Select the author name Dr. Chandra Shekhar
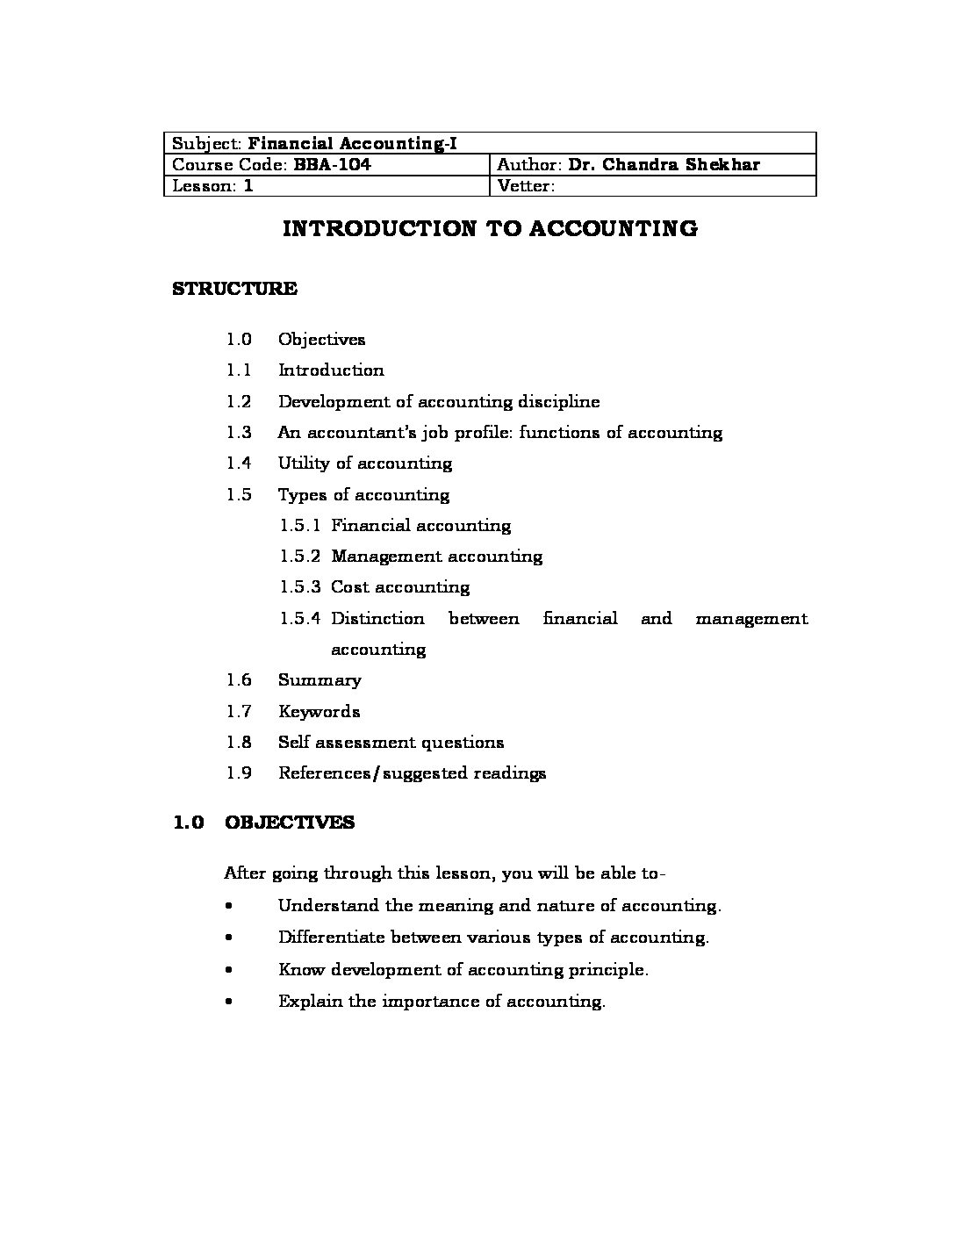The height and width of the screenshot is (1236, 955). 664,164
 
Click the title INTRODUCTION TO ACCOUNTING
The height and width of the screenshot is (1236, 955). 490,229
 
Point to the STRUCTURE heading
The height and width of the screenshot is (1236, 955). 234,289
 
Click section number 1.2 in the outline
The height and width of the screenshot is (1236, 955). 239,401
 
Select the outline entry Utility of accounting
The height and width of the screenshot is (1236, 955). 365,463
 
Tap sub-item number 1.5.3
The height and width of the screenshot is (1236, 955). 300,586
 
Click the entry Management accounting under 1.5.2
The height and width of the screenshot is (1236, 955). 436,556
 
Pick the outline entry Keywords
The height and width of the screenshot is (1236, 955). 319,711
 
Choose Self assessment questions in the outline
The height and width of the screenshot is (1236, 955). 391,742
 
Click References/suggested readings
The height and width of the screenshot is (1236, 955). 412,772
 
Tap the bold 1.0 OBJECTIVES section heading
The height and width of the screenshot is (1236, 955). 263,823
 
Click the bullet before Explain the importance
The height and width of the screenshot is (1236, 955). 228,1001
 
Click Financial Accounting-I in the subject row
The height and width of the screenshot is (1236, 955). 353,143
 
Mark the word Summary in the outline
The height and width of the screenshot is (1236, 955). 320,679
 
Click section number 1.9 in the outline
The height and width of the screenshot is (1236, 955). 239,772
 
